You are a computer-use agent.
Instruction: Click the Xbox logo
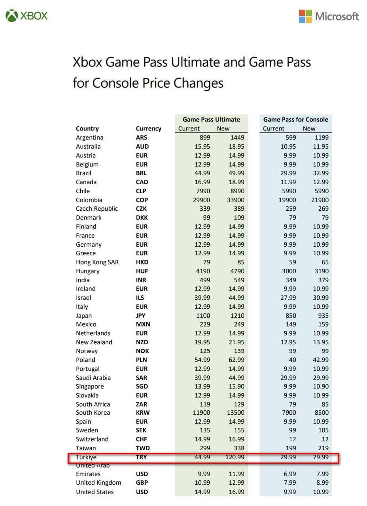[12, 16]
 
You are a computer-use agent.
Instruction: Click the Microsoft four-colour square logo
[305, 16]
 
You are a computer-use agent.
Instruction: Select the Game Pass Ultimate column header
[211, 119]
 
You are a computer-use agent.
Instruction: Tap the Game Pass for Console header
[295, 119]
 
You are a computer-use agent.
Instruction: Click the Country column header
[87, 128]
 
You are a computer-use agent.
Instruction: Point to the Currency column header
[148, 128]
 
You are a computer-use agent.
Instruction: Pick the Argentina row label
[89, 138]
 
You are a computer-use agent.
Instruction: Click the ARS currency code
[141, 138]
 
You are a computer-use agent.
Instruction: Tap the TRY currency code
[141, 457]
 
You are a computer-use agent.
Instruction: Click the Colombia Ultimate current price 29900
[201, 200]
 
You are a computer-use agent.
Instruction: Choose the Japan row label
[84, 315]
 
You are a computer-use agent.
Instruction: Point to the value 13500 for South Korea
[235, 413]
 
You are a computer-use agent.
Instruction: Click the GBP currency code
[142, 483]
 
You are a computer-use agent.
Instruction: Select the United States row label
[95, 492]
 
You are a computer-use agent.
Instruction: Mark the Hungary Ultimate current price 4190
[202, 271]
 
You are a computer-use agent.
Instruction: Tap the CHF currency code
[141, 439]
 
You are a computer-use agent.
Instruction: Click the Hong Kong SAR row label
[97, 262]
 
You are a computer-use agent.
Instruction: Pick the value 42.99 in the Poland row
[321, 360]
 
